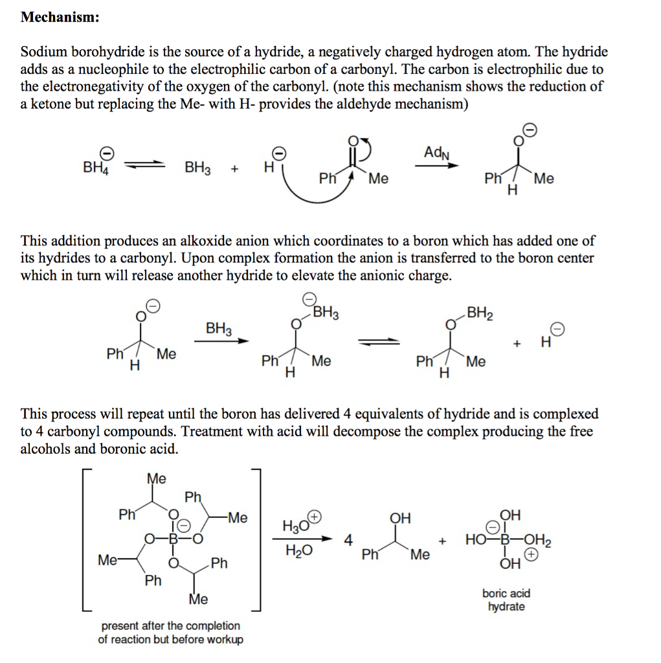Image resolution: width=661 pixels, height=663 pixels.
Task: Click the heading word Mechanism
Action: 60,17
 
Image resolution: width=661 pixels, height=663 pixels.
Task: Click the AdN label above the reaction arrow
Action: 436,153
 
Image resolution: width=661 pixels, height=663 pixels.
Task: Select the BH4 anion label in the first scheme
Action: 96,167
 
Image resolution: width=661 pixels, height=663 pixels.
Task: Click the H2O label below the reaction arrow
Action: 298,550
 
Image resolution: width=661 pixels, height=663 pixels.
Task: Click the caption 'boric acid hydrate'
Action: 506,600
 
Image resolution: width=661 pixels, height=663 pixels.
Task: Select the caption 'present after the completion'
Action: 170,625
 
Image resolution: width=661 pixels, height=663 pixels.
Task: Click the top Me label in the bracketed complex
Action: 156,478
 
